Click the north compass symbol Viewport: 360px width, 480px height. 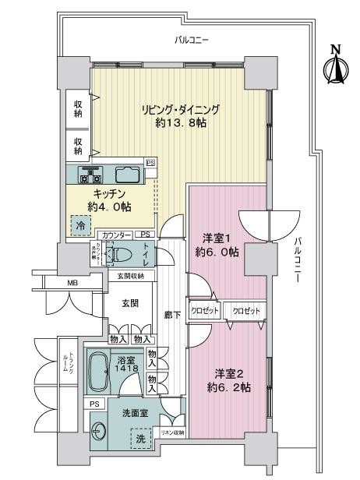tap(336, 65)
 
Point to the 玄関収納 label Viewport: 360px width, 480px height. tap(131, 276)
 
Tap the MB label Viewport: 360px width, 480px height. tap(72, 283)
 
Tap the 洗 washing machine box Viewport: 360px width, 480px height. tap(141, 439)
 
